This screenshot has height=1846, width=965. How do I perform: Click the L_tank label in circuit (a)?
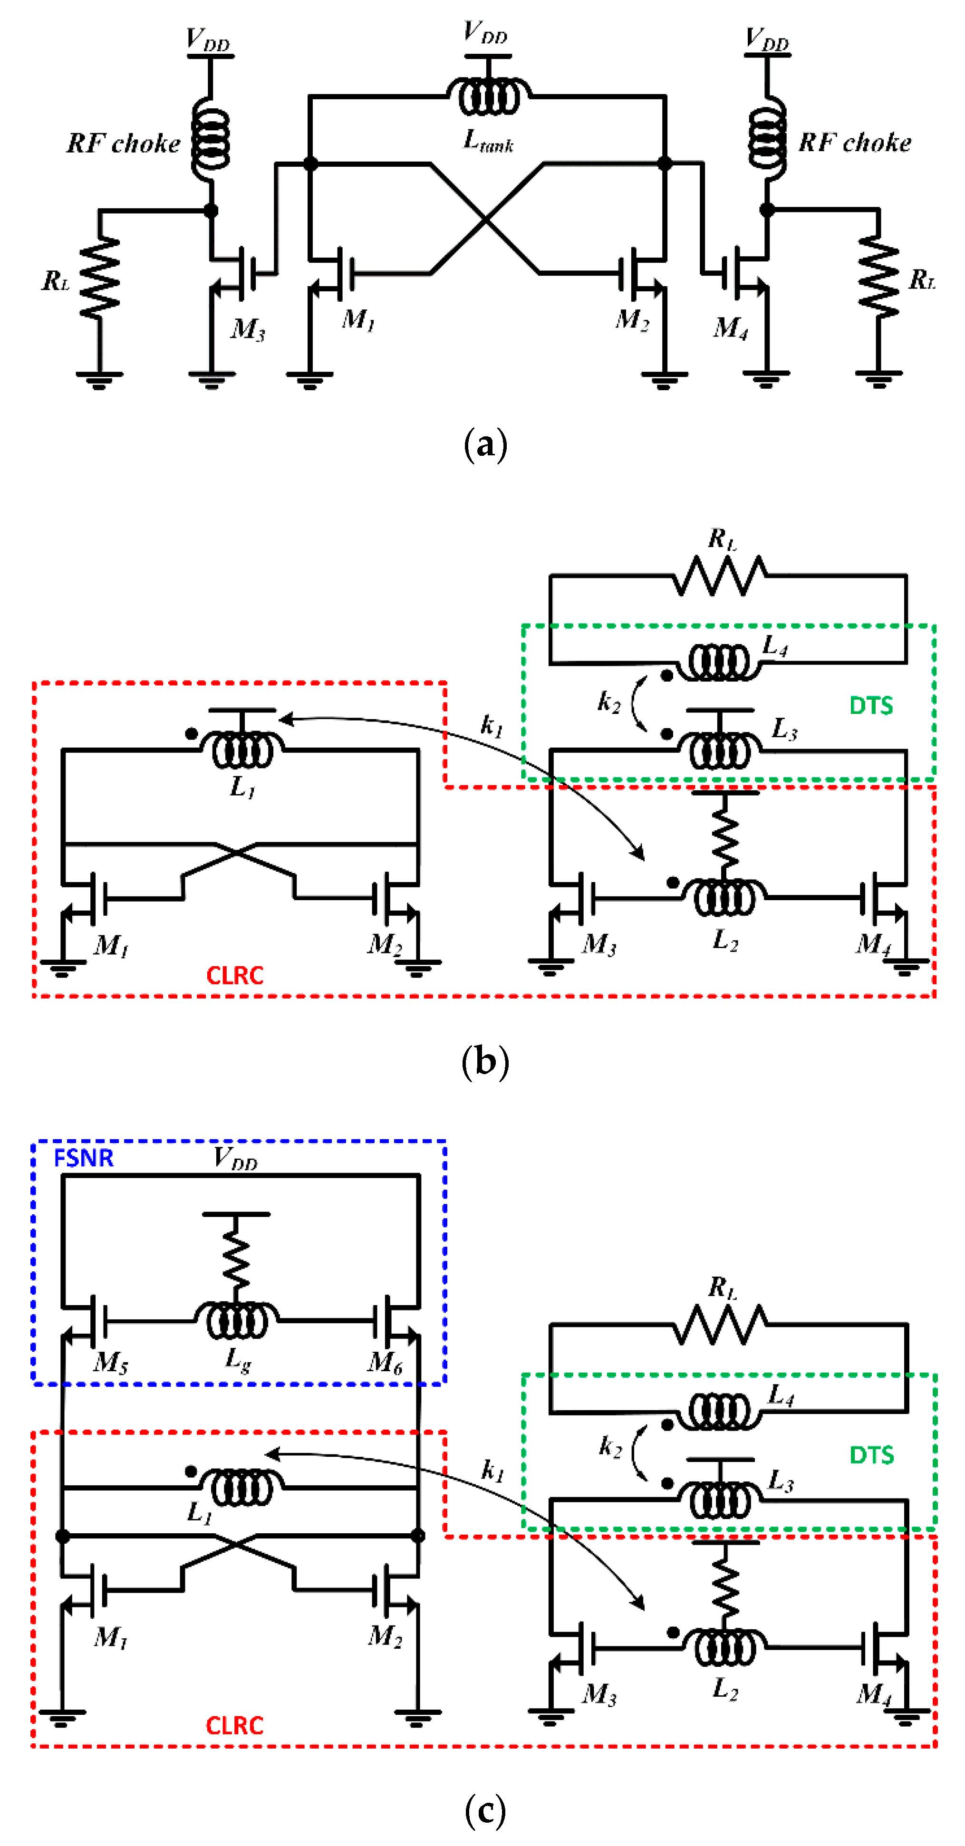pos(488,141)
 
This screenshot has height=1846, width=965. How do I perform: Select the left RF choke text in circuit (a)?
pos(123,144)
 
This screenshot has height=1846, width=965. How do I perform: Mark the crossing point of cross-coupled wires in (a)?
pos(487,219)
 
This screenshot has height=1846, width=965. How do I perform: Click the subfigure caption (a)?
pos(485,444)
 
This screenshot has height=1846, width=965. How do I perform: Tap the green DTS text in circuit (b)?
pos(871,706)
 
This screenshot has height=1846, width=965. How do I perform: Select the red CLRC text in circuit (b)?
pos(234,975)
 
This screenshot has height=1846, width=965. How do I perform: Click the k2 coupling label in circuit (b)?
pos(608,702)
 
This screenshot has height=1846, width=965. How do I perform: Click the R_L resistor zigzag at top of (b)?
pos(720,576)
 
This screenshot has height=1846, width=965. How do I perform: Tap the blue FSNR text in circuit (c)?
pos(84,1158)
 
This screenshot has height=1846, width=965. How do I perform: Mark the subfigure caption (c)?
pos(485,1811)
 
